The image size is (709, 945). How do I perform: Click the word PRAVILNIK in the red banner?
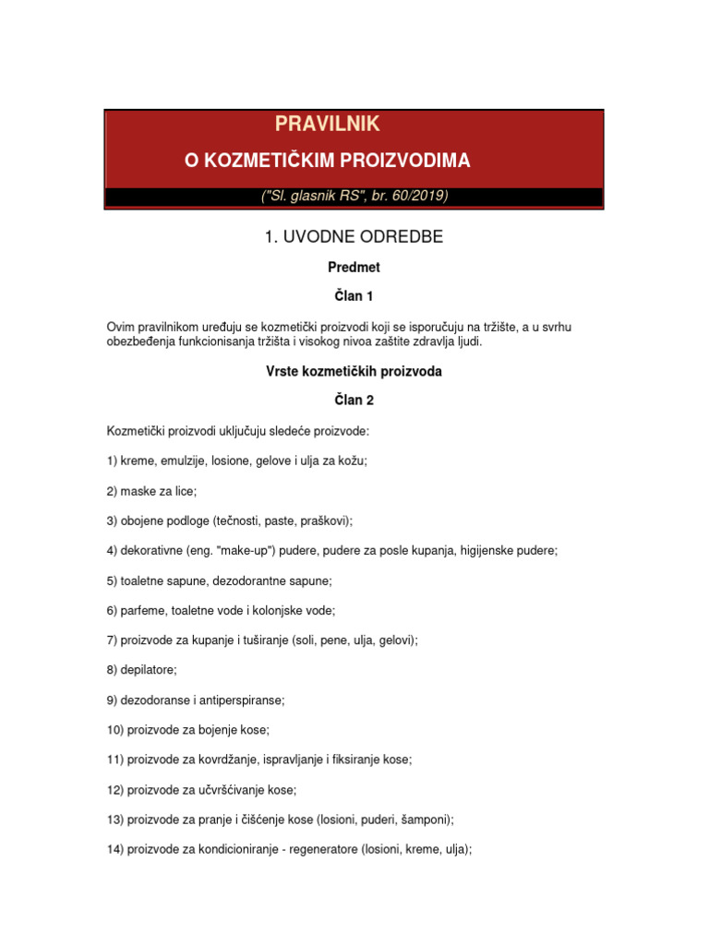tap(328, 124)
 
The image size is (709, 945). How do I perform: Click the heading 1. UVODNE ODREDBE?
tap(354, 237)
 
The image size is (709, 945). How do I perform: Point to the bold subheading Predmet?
tap(354, 268)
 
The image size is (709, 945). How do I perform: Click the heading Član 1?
tap(354, 297)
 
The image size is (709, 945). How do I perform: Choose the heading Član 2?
tap(354, 401)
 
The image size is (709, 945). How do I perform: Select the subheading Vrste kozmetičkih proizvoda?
tap(354, 371)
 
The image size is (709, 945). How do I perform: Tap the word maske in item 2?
tap(138, 490)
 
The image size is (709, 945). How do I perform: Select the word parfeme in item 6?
tap(142, 610)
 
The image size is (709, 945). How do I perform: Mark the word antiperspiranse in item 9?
tap(242, 700)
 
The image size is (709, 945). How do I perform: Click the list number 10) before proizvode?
tap(115, 729)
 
